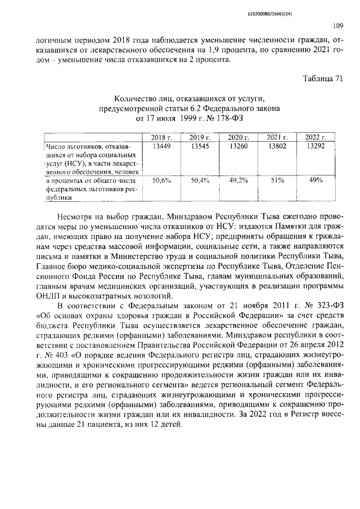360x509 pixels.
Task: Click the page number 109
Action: click(x=337, y=26)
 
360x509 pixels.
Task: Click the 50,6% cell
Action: click(x=161, y=180)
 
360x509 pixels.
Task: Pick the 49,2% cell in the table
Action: click(x=238, y=180)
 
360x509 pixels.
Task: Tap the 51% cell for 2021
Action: click(x=276, y=180)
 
